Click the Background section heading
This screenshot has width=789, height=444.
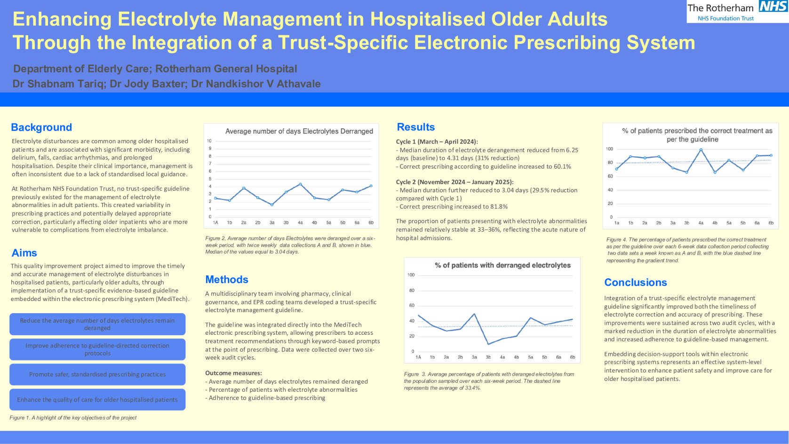tap(41, 127)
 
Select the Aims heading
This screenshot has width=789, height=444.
tap(24, 253)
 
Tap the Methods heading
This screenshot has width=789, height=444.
tap(227, 279)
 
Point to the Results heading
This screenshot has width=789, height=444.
tap(416, 127)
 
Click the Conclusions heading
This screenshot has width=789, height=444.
tap(636, 282)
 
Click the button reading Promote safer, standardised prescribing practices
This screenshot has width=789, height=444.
tap(97, 374)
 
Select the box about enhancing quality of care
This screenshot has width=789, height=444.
tap(97, 400)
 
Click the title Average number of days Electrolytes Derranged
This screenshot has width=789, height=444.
tap(299, 131)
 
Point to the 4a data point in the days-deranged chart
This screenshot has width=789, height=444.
tap(300, 184)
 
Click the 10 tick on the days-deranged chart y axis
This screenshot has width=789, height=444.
tap(209, 141)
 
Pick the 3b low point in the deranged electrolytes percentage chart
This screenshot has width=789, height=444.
tap(488, 344)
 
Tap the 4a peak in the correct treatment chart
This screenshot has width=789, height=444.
tap(701, 150)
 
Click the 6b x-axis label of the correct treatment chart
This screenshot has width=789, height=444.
tap(771, 223)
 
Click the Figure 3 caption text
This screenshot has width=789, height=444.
tap(489, 381)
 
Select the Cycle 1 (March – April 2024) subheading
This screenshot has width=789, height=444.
tap(437, 141)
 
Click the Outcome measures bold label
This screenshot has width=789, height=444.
tap(233, 373)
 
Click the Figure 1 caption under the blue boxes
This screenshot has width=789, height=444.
tap(73, 418)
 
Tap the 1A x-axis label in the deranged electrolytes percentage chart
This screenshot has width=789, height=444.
tap(418, 357)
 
